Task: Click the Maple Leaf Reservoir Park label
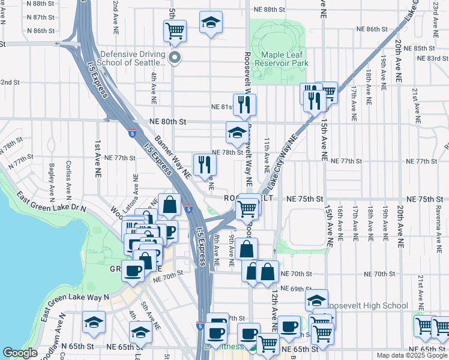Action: pyautogui.click(x=281, y=58)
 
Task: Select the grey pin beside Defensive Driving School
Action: pyautogui.click(x=175, y=58)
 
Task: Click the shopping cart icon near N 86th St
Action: pyautogui.click(x=175, y=30)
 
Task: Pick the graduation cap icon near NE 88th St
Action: pyautogui.click(x=210, y=23)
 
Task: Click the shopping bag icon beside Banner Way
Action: pyautogui.click(x=170, y=204)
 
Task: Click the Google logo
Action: pyautogui.click(x=20, y=353)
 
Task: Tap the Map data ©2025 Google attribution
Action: pyautogui.click(x=411, y=355)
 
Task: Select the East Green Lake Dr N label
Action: pyautogui.click(x=52, y=203)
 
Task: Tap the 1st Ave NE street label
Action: pyautogui.click(x=97, y=160)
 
